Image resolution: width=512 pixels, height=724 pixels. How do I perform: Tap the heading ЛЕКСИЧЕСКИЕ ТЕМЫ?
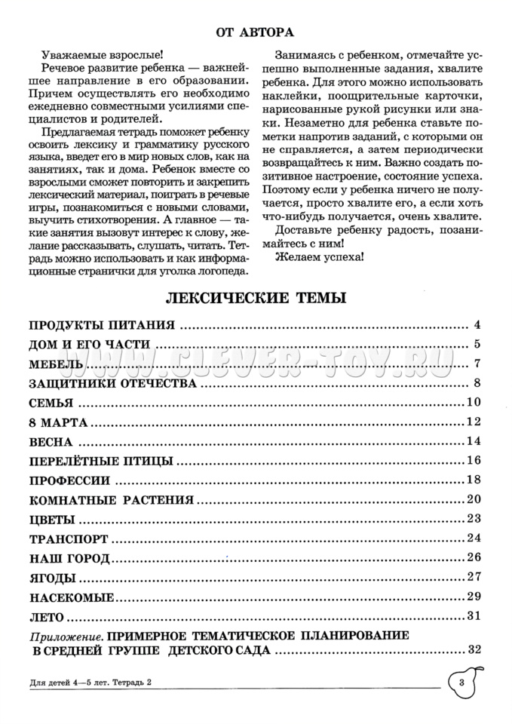pyautogui.click(x=256, y=298)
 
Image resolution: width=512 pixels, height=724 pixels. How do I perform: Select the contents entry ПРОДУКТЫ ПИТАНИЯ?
pyautogui.click(x=102, y=326)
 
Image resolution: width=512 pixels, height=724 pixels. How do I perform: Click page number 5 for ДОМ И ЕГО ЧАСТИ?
pyautogui.click(x=477, y=345)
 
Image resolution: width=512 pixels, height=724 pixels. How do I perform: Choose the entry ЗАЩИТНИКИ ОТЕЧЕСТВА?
pyautogui.click(x=112, y=383)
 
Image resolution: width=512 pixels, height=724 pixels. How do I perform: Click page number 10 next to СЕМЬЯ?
pyautogui.click(x=474, y=402)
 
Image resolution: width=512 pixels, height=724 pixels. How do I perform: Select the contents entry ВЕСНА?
pyautogui.click(x=51, y=441)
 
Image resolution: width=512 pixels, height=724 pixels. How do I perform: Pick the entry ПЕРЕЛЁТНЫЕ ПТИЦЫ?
pyautogui.click(x=101, y=461)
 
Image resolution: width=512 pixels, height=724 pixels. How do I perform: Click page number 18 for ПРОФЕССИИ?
pyautogui.click(x=474, y=480)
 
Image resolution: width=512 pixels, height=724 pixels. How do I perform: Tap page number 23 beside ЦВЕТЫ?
pyautogui.click(x=474, y=518)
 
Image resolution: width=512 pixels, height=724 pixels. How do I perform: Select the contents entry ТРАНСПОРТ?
pyautogui.click(x=68, y=538)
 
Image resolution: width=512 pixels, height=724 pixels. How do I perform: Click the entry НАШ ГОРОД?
pyautogui.click(x=69, y=558)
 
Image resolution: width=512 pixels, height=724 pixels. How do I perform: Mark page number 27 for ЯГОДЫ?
pyautogui.click(x=474, y=577)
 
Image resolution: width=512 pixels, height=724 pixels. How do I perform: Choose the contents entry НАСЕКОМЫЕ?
pyautogui.click(x=72, y=597)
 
